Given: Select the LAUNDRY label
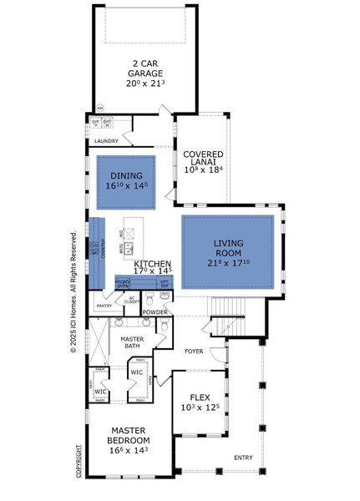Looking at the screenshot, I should point(106,141).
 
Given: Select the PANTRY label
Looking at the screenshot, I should point(104,306).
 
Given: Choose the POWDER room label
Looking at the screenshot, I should point(155,312).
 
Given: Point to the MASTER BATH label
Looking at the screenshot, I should point(136,342).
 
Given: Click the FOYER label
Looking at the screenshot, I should point(195,352).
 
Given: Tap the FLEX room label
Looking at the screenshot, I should point(199,397).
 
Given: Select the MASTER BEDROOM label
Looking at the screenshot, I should point(129,436).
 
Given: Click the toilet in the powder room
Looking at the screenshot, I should point(165,296).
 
